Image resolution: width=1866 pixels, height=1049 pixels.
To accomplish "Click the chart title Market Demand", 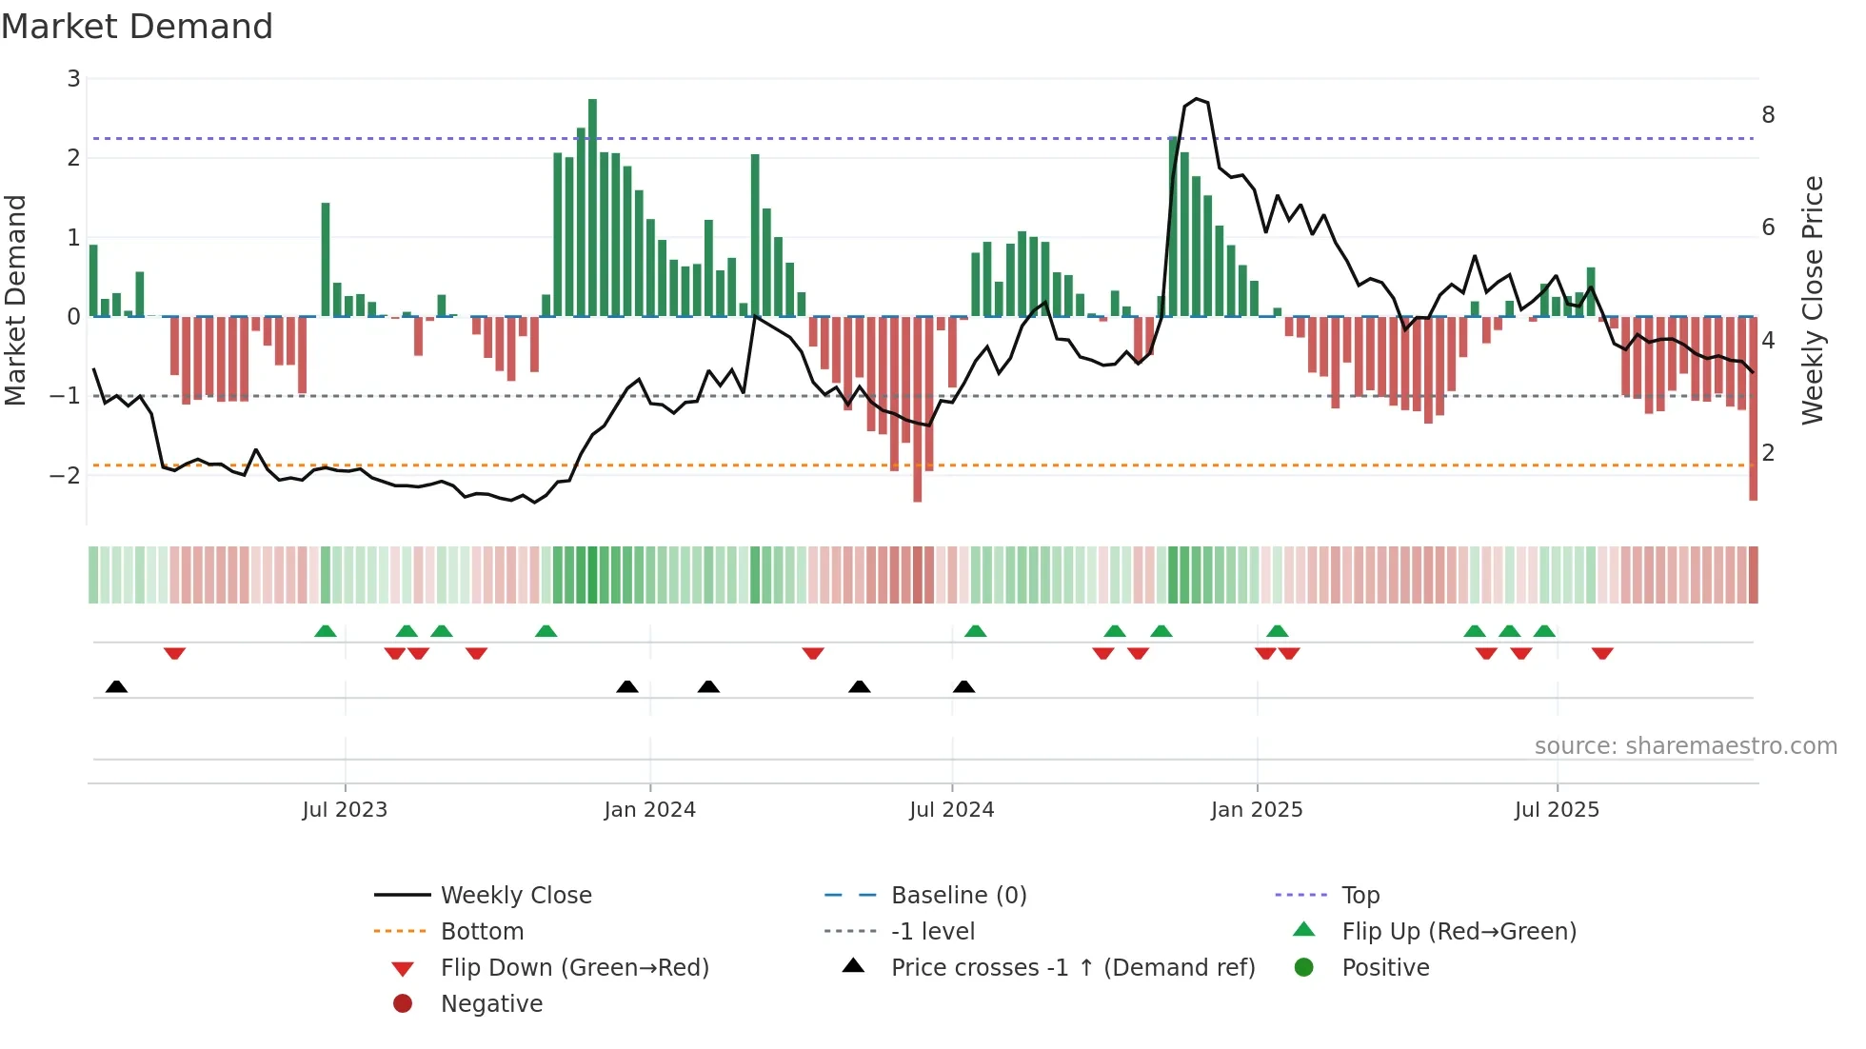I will [137, 27].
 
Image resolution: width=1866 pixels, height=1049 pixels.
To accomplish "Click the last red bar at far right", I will [1753, 409].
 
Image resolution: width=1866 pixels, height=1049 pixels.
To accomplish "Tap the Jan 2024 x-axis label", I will [649, 810].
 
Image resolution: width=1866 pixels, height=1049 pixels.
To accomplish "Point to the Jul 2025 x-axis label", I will [1557, 810].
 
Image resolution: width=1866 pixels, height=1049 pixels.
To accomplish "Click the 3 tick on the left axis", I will [73, 79].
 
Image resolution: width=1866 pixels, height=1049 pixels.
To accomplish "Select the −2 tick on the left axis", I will [66, 475].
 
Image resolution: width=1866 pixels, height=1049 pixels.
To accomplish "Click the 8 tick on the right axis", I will [1768, 115].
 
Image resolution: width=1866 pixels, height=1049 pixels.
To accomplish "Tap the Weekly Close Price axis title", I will [1813, 300].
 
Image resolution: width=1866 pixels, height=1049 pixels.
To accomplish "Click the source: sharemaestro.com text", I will [1685, 746].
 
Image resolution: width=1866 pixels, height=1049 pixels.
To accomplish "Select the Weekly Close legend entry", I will [515, 896].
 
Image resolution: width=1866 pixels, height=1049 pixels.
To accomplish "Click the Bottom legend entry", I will [482, 932].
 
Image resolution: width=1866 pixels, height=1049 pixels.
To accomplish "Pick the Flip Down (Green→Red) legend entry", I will [574, 968].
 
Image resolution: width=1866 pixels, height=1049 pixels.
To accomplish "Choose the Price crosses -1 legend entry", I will [1072, 968].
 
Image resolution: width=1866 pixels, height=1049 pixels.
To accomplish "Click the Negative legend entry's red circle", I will [403, 1004].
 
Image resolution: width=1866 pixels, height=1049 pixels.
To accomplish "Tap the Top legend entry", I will [1360, 896].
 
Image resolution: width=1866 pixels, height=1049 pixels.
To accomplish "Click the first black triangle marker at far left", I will [116, 686].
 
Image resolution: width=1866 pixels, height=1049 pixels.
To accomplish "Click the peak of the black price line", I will [1197, 99].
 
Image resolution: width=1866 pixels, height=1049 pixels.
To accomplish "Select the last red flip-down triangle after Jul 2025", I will [1602, 653].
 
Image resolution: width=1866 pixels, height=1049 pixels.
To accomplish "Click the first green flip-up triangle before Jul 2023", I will [326, 631].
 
